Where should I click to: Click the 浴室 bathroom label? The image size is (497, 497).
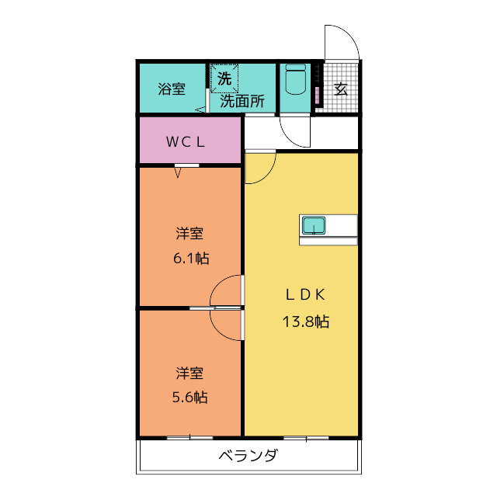coord(172,89)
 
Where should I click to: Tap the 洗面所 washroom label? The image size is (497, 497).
coord(242,101)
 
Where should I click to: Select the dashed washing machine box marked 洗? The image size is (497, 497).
coord(224,78)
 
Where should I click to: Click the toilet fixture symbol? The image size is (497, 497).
coord(295,79)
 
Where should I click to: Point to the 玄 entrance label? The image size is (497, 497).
coord(341,89)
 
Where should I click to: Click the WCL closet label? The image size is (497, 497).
coord(186,141)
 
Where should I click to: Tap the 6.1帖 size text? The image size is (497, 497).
coord(191,259)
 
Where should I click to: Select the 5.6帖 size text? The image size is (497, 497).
coord(189,397)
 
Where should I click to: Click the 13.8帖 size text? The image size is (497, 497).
coord(306,321)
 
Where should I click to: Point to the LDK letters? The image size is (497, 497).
coord(305,295)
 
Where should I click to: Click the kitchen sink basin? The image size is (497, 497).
coord(314,225)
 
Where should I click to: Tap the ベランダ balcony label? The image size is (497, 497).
coord(248,456)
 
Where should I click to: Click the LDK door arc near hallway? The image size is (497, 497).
coord(269,175)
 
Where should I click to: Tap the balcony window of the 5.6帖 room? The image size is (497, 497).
coord(189,438)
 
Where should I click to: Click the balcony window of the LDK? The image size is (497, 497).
coord(306,438)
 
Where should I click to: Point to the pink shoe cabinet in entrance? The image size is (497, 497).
coord(318,95)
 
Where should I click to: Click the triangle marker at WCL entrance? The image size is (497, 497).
coord(178,172)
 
